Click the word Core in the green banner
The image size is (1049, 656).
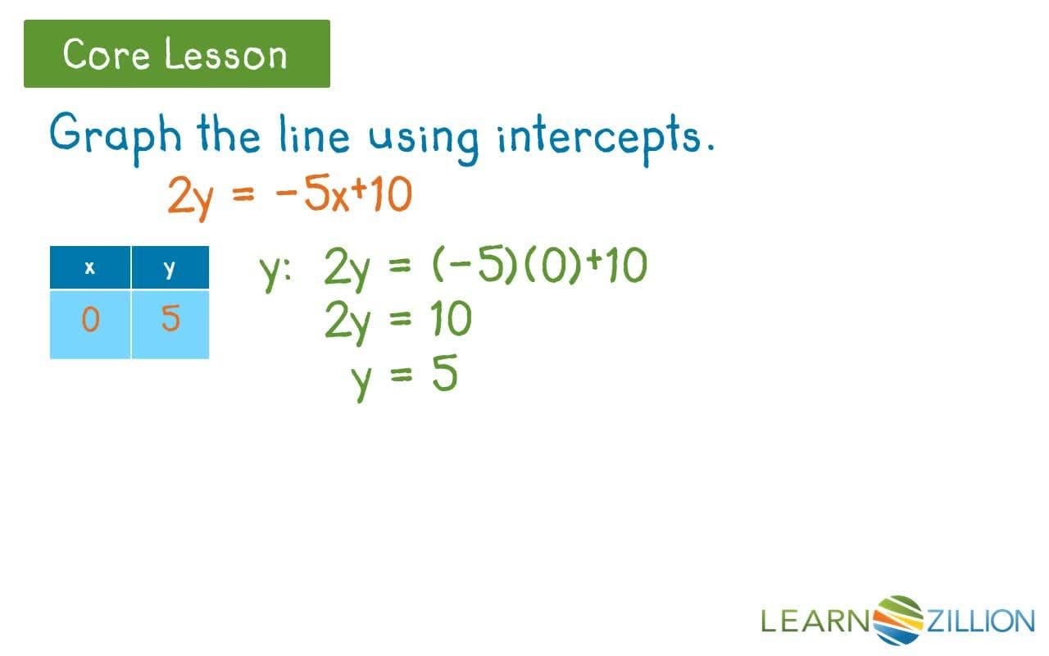click(x=105, y=55)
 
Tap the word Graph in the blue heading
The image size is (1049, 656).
click(x=114, y=135)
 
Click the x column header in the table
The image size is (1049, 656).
click(x=89, y=267)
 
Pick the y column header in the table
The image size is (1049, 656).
click(x=170, y=267)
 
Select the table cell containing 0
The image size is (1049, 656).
click(x=89, y=319)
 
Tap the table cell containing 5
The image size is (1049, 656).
click(x=170, y=319)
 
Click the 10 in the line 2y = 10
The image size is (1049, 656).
click(x=450, y=320)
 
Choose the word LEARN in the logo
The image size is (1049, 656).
click(x=815, y=621)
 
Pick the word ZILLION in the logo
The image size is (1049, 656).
click(x=980, y=621)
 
